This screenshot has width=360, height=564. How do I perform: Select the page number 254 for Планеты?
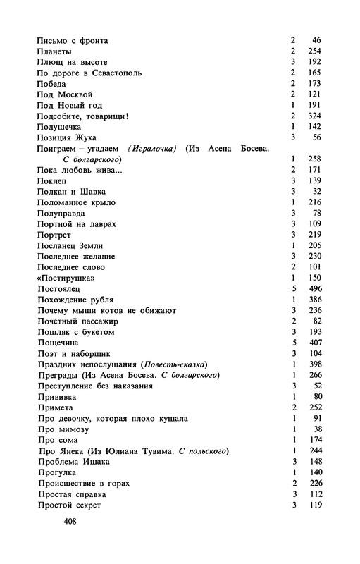[x=314, y=52]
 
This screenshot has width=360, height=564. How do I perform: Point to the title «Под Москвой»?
[x=64, y=94]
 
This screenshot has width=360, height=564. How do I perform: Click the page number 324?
[x=314, y=116]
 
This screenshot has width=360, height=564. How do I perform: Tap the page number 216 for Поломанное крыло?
[x=314, y=202]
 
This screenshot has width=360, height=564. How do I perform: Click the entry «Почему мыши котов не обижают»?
[x=106, y=309]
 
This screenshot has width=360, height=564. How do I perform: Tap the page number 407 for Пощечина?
[x=314, y=342]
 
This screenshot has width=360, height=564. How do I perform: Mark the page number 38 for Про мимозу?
[x=316, y=429]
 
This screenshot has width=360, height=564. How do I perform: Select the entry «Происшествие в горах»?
[x=85, y=483]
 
